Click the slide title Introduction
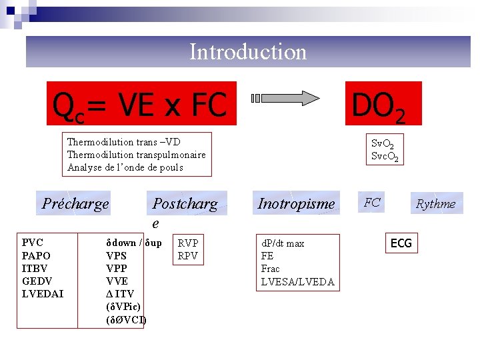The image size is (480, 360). click(x=248, y=51)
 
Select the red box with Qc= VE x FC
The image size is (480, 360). click(x=141, y=103)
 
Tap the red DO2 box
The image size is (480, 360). click(x=383, y=104)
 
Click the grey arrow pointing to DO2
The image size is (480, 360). click(x=287, y=99)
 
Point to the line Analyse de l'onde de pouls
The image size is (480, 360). click(x=125, y=167)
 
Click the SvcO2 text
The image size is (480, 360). click(x=385, y=157)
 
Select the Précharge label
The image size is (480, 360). click(x=75, y=203)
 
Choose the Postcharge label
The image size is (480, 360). click(x=185, y=204)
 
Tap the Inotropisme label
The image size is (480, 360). click(x=296, y=203)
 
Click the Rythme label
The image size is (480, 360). click(x=435, y=204)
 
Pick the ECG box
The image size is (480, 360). click(x=401, y=243)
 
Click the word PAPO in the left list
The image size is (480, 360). click(x=36, y=255)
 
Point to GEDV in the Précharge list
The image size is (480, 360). click(x=37, y=281)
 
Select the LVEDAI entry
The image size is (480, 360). click(x=43, y=293)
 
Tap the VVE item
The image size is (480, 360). click(x=117, y=281)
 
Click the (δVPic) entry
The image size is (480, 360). click(x=123, y=307)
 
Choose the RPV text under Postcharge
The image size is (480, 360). click(x=187, y=255)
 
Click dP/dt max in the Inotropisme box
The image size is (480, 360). click(x=283, y=243)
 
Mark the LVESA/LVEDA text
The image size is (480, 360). click(x=297, y=281)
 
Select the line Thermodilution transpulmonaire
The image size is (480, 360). click(x=136, y=155)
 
